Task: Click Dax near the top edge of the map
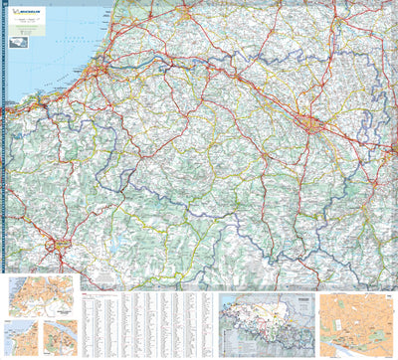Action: click(x=188, y=15)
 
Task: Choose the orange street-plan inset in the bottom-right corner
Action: click(x=356, y=324)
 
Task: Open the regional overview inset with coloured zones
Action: click(x=265, y=324)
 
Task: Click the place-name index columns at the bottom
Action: click(x=149, y=324)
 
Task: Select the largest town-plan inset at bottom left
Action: click(x=41, y=295)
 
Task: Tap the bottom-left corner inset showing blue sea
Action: click(x=20, y=337)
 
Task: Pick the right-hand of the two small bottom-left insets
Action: click(x=58, y=338)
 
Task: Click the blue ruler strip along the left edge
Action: click(x=4, y=179)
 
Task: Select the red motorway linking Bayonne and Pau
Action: click(x=199, y=80)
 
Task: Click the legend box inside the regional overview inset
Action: click(x=296, y=306)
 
